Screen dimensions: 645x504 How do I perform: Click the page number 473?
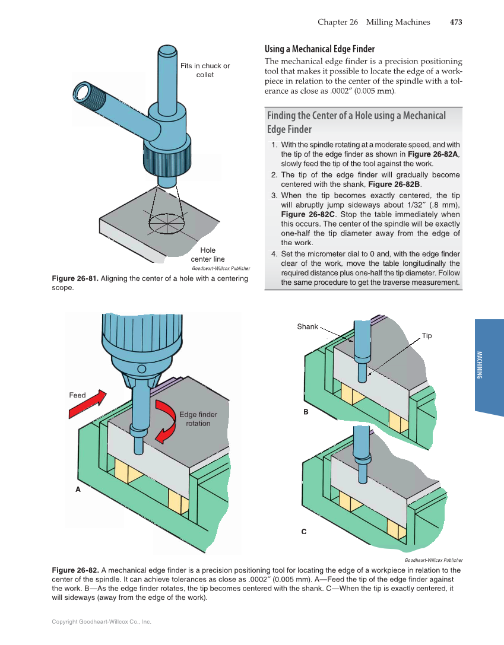coord(455,22)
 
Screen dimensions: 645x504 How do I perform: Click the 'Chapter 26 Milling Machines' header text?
coord(373,22)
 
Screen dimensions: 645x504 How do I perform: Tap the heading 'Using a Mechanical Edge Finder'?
coord(319,49)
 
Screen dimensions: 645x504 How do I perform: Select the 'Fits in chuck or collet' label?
coord(205,70)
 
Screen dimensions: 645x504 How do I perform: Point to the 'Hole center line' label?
coord(207,255)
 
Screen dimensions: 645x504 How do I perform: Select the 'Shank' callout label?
coord(308,326)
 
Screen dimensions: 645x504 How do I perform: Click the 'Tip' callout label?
coord(427,336)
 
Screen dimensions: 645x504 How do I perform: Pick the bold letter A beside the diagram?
coord(77,490)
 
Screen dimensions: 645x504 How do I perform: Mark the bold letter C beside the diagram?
coord(303,532)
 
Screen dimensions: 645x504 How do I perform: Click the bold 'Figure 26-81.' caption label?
coord(76,278)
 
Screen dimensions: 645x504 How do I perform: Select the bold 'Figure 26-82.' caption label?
coord(76,570)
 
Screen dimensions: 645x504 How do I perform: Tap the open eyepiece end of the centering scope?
coord(81,92)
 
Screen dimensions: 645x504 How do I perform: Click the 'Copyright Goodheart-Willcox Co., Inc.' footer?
coord(102,622)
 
